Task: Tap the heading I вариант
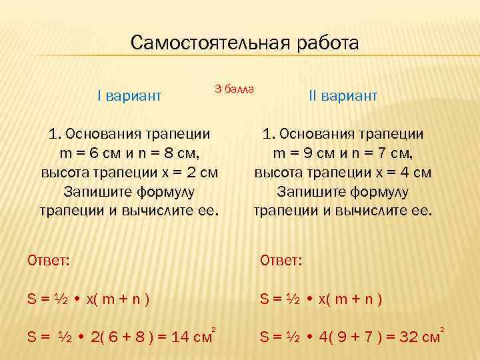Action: coord(129,97)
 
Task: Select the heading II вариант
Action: coord(343,97)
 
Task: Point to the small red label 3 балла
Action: coord(235,88)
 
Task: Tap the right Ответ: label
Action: coord(280,259)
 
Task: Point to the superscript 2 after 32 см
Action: coord(442,329)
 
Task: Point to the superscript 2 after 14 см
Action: coord(213,329)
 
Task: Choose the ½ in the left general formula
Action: coord(62,299)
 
